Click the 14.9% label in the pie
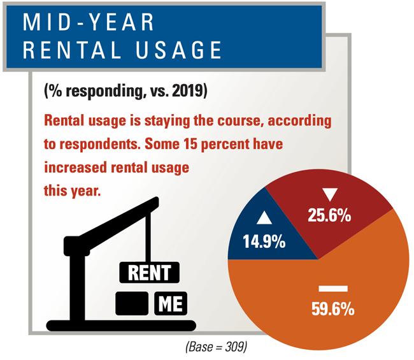[264, 242]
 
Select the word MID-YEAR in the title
[90, 24]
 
